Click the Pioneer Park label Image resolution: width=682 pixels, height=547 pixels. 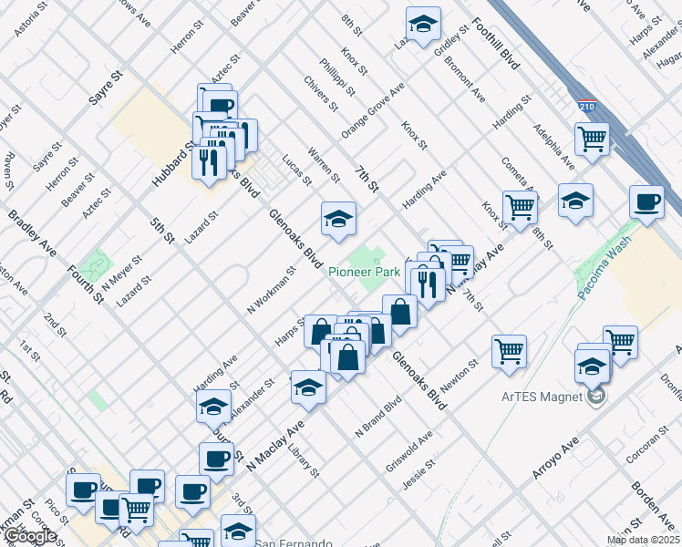click(364, 272)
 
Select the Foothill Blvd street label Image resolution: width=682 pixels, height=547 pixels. click(496, 45)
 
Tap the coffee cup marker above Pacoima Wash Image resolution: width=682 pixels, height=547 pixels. click(646, 202)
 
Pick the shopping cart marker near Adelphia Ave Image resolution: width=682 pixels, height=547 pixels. click(592, 139)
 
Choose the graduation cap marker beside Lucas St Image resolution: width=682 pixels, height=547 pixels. click(337, 219)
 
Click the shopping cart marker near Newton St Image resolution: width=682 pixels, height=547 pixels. click(509, 351)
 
